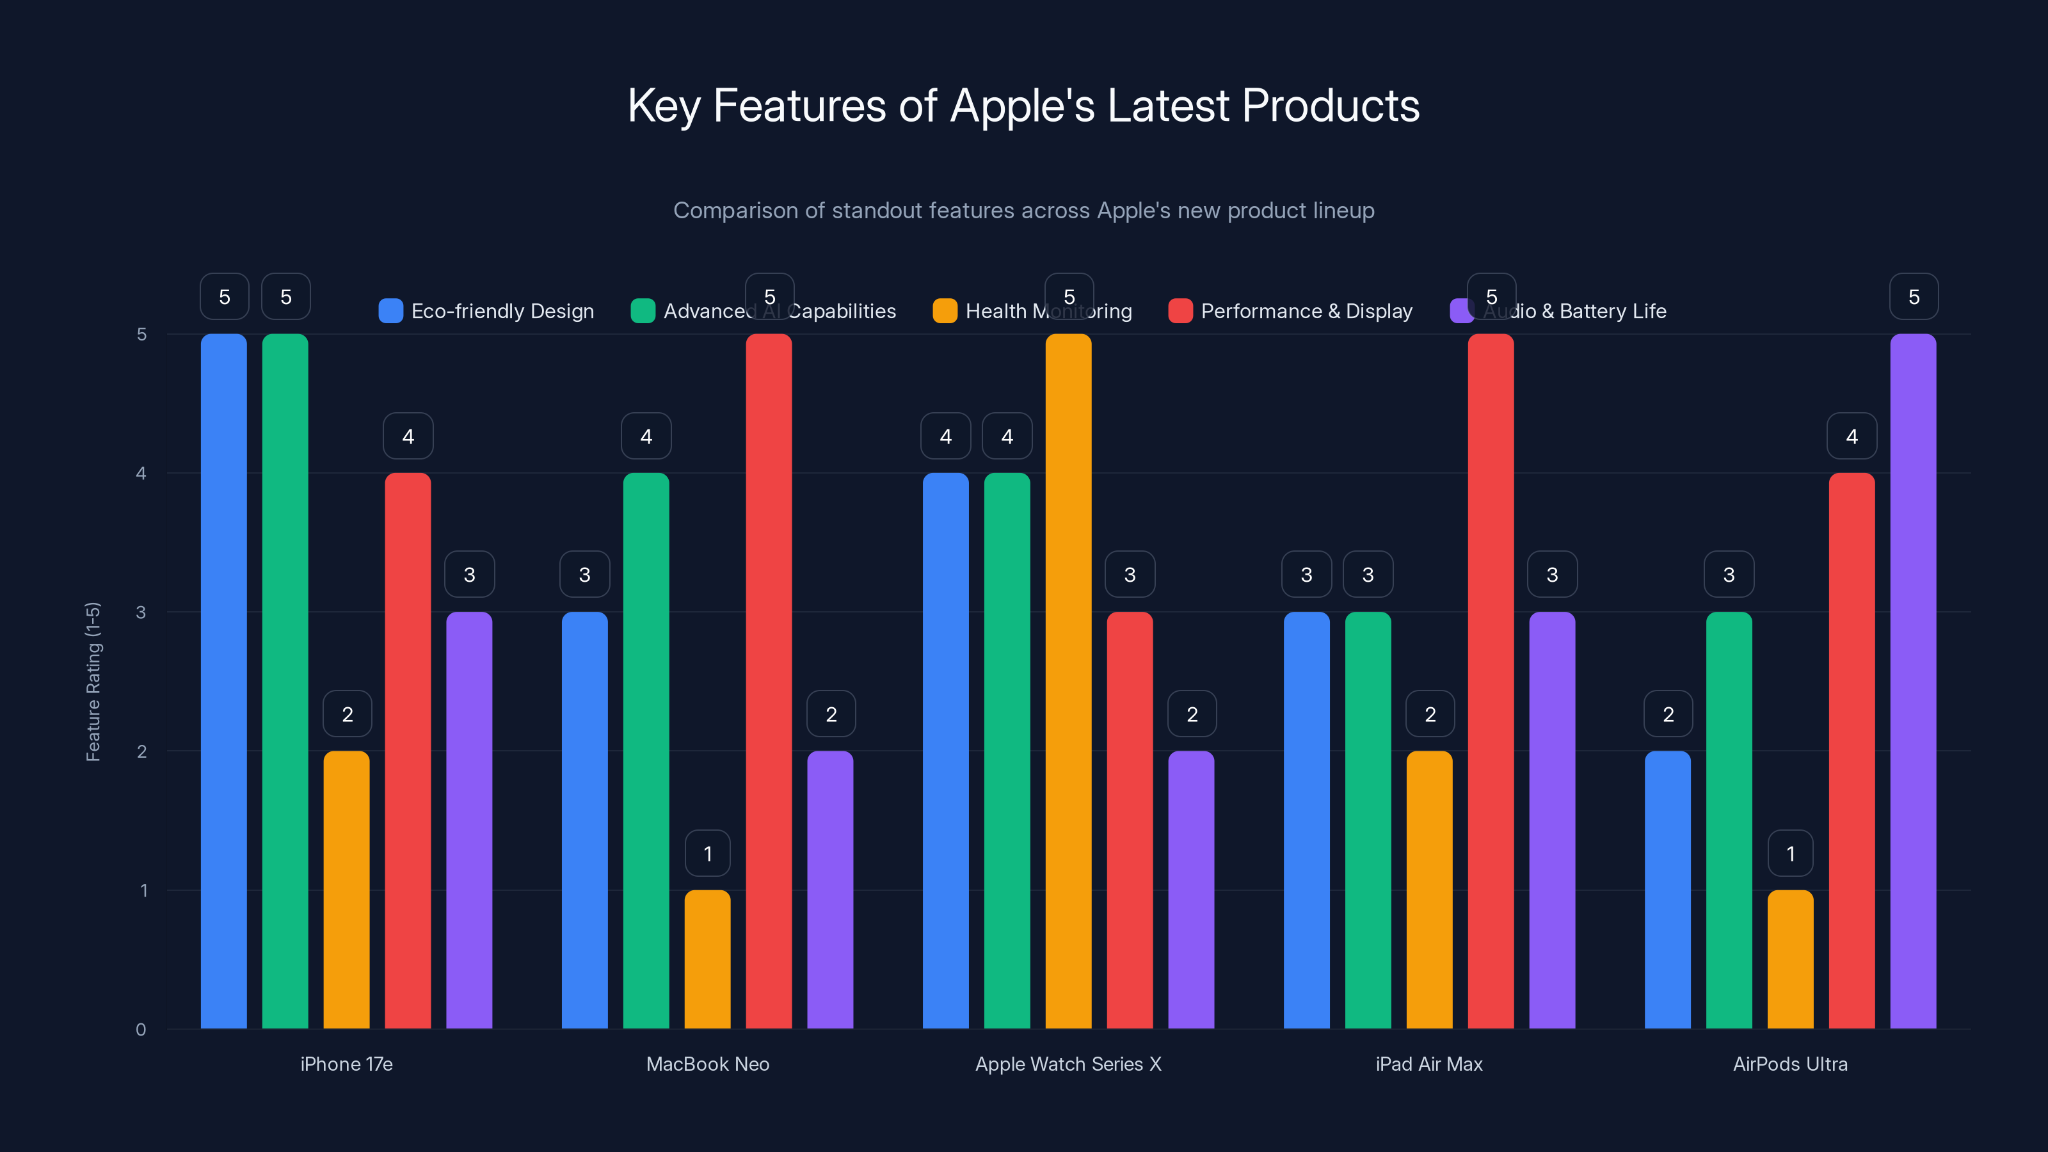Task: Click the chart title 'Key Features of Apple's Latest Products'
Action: coord(1023,106)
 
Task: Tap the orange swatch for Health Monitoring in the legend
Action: coord(945,311)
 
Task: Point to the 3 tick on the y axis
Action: coord(141,612)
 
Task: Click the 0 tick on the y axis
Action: coord(141,1030)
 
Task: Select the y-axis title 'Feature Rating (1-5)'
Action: coord(93,682)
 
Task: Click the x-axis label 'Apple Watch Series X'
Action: coord(1068,1064)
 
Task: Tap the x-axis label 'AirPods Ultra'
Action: coord(1789,1064)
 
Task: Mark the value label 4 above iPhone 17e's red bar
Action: coord(408,436)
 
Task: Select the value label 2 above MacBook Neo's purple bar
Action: coord(831,714)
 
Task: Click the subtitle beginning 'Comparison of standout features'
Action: coord(1023,211)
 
